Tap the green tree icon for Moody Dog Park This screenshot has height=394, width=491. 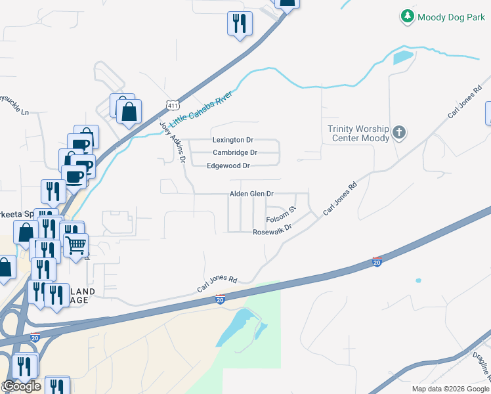click(x=408, y=16)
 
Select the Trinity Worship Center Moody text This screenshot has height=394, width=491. click(x=358, y=133)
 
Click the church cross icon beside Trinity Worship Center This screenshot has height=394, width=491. click(x=398, y=134)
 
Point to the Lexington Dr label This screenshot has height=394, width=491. click(x=233, y=141)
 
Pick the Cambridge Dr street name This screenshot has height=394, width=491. click(x=235, y=153)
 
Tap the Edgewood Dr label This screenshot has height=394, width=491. click(x=228, y=166)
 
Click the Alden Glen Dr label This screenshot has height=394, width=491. click(x=251, y=194)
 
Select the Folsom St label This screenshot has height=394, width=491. click(x=282, y=214)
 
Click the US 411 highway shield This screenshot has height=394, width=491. click(x=172, y=104)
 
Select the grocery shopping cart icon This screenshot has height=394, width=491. click(x=76, y=245)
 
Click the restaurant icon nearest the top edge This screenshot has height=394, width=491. click(x=239, y=24)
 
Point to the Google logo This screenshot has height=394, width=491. click(x=22, y=386)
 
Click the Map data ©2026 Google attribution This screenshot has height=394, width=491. click(x=451, y=389)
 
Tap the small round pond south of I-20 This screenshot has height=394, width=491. click(x=418, y=281)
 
